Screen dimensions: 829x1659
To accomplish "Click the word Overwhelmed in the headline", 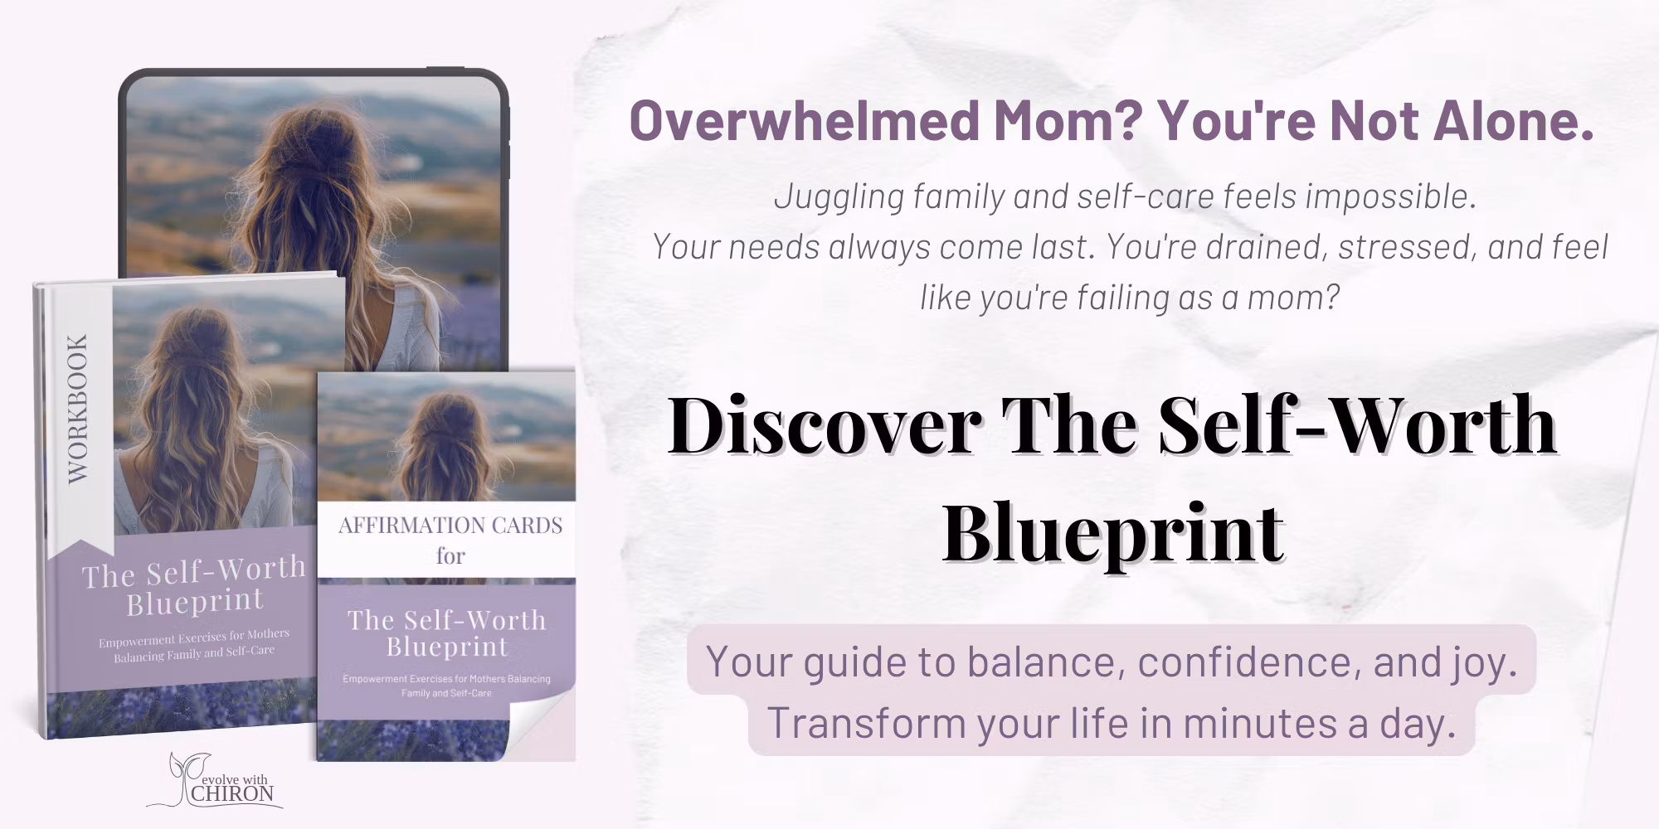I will [804, 121].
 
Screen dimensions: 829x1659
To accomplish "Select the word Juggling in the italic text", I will [838, 197].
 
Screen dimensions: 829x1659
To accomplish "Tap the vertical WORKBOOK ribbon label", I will [78, 408].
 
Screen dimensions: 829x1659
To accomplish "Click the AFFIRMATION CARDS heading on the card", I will [450, 526].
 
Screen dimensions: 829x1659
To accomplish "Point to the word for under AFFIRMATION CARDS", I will [450, 555].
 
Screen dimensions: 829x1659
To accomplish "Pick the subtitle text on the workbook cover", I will [194, 642].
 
